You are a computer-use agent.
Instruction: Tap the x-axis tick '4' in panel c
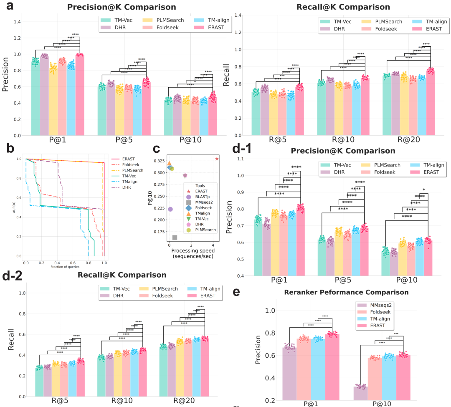click(x=213, y=245)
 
